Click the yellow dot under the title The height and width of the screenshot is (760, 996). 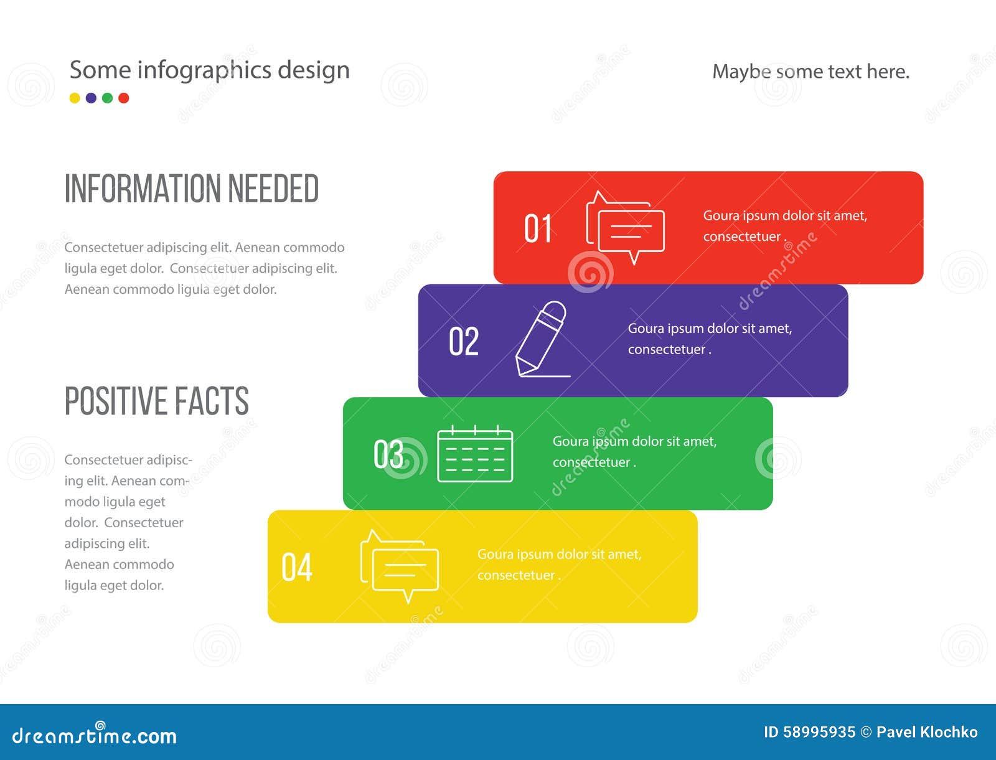pyautogui.click(x=75, y=98)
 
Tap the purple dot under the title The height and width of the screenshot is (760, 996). pyautogui.click(x=92, y=98)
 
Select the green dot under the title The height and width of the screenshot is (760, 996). pyautogui.click(x=108, y=98)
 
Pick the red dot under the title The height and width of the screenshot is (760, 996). pyautogui.click(x=124, y=98)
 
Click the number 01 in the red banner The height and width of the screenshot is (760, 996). pyautogui.click(x=538, y=228)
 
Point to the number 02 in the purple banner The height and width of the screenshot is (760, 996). pyautogui.click(x=464, y=341)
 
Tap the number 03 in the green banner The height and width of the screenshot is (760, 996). pyautogui.click(x=388, y=454)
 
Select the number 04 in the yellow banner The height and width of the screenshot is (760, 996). pyautogui.click(x=297, y=566)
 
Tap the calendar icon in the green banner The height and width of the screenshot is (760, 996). pyautogui.click(x=475, y=454)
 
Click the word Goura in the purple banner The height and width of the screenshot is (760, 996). pyautogui.click(x=646, y=329)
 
